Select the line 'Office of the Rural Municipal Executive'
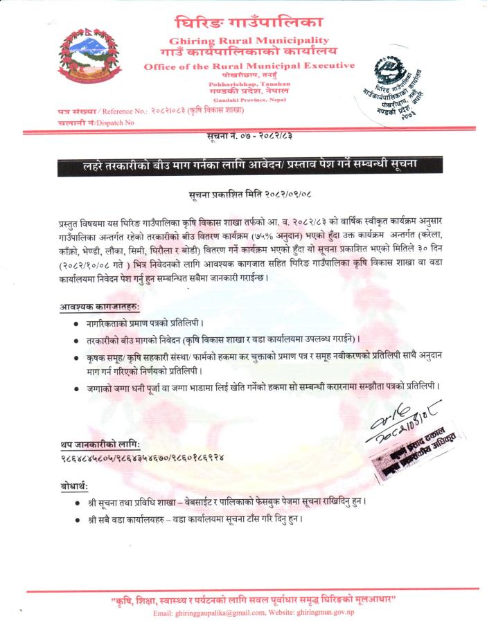pyautogui.click(x=249, y=66)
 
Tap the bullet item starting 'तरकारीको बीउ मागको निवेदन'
pyautogui.click(x=222, y=340)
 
